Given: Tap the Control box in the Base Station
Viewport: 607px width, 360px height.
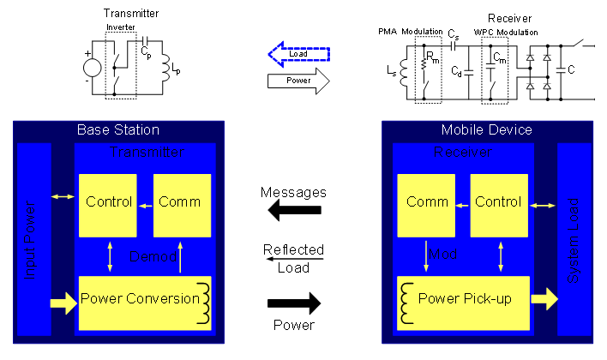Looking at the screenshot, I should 110,203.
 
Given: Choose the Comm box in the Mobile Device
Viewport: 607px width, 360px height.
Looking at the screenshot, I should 427,203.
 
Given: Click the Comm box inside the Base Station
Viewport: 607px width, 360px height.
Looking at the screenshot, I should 182,203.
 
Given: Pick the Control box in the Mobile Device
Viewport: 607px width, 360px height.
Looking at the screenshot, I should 498,203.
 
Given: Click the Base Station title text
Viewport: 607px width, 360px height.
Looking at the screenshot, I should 118,130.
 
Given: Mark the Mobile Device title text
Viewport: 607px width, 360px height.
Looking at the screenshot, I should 486,130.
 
